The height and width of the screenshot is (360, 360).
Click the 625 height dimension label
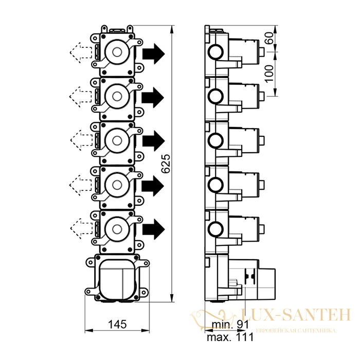point(166,164)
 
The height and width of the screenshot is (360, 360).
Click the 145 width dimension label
point(117,325)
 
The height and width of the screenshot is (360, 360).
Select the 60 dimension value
point(270,38)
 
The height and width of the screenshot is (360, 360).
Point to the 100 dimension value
point(270,74)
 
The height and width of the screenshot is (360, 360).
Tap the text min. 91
point(230,325)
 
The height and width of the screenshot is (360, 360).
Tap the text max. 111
point(230,337)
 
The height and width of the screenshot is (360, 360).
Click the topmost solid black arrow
point(154,53)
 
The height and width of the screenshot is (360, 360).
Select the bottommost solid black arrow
point(154,229)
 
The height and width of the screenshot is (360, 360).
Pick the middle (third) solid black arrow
point(154,141)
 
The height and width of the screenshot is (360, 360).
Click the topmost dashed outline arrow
point(81,53)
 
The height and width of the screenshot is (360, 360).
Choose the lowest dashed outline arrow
point(81,228)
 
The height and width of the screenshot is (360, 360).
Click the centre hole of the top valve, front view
point(117,52)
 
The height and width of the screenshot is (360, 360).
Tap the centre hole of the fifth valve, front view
point(117,229)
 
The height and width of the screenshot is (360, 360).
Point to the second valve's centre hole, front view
point(117,97)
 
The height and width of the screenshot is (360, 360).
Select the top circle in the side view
point(215,51)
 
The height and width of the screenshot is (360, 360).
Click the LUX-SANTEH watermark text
point(295,315)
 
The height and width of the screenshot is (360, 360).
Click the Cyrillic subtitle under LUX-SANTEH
point(296,331)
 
